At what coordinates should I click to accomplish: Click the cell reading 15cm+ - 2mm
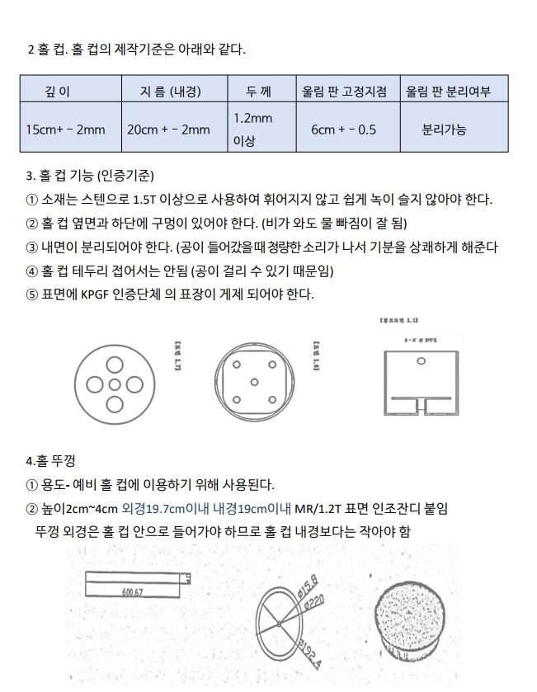65,129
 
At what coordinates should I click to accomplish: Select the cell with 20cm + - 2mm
168,129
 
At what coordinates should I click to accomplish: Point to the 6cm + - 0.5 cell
344,129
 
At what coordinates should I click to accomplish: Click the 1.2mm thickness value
253,118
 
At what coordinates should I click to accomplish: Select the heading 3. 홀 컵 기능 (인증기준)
91,176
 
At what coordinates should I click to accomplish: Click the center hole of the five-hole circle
115,384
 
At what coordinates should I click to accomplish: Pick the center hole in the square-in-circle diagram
254,382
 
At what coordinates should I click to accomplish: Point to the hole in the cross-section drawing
421,362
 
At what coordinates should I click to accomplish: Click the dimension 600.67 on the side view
132,592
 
